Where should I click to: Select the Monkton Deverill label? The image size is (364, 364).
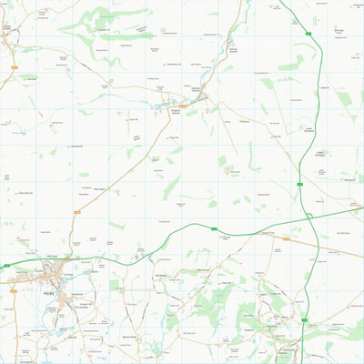tap(199, 89)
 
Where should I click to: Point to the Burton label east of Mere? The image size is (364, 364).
tap(95, 269)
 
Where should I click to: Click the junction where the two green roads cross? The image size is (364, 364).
tap(308, 217)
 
